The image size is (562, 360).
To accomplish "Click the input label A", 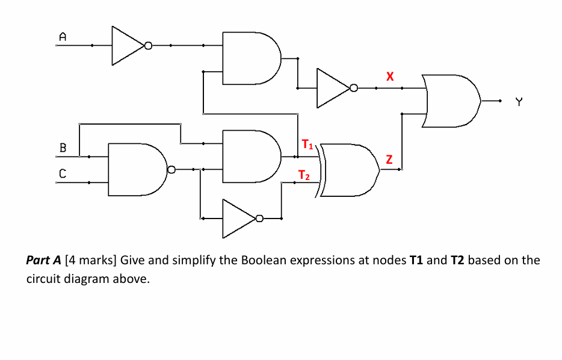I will (x=61, y=36).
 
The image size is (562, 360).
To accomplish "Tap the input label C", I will (x=62, y=173).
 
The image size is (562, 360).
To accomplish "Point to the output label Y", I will (x=519, y=103).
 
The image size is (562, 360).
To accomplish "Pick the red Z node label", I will (x=389, y=160).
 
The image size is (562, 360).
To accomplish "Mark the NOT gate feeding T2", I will (x=241, y=219).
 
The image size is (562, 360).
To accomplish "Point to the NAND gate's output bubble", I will (x=171, y=169).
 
